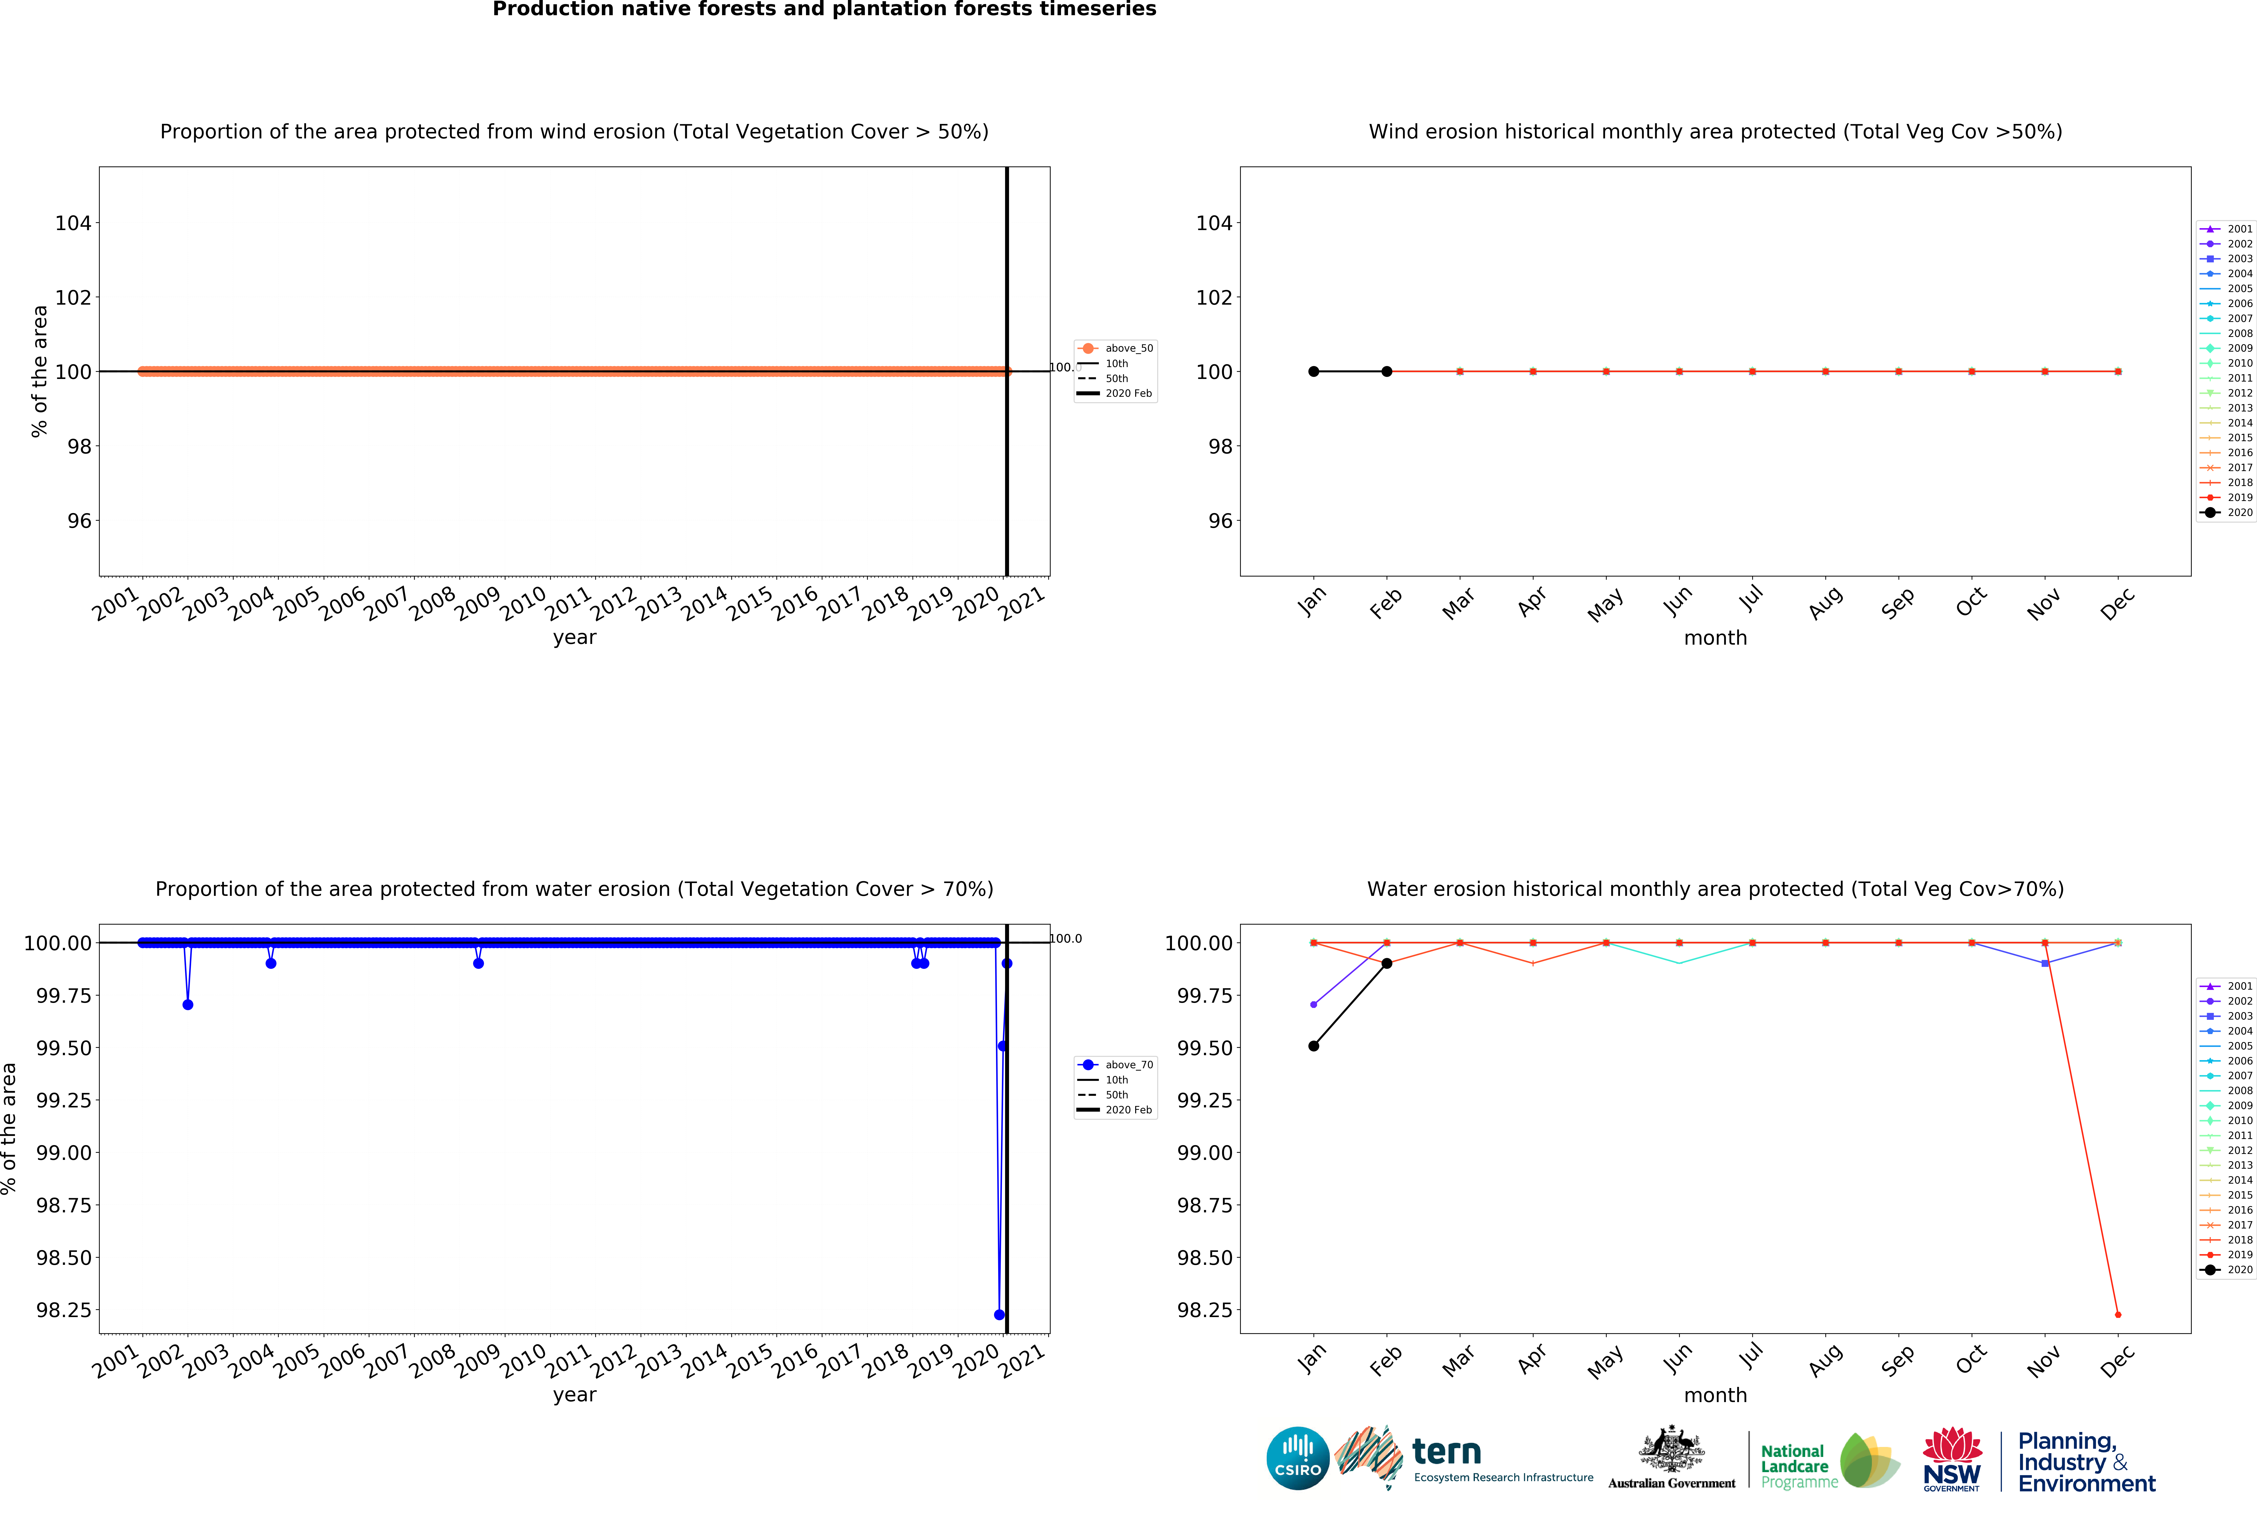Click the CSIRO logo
point(1297,1458)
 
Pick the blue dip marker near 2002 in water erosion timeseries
point(188,1004)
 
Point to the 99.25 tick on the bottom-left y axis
point(64,1100)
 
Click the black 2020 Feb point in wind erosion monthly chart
point(1386,372)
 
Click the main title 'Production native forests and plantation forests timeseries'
point(824,10)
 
